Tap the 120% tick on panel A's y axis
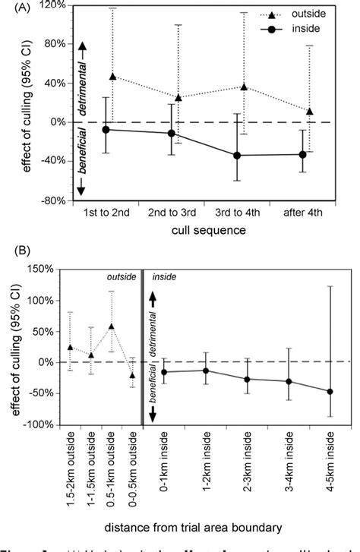coord(50,5)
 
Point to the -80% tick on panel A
coord(50,201)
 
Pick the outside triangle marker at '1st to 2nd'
coord(113,77)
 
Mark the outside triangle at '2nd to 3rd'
coord(178,98)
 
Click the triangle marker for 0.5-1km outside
coord(112,326)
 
